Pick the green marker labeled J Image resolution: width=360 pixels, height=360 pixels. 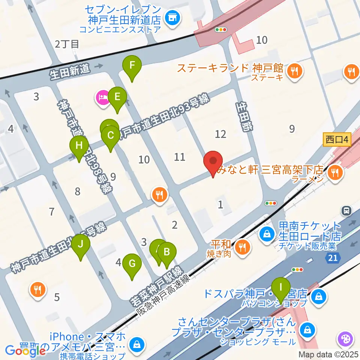point(81,246)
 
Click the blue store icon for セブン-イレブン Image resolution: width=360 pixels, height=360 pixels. point(172,17)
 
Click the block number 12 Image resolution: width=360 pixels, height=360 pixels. point(220,133)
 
